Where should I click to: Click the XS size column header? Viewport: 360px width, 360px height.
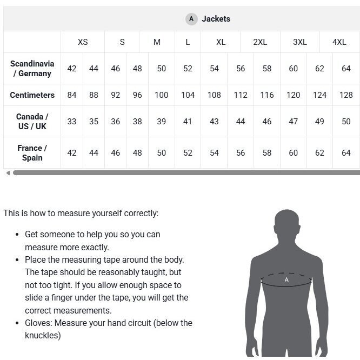83,42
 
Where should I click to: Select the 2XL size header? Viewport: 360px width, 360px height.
260,42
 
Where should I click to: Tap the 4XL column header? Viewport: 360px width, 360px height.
339,42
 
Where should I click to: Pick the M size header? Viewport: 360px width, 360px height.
157,42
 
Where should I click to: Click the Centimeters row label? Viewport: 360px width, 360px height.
32,95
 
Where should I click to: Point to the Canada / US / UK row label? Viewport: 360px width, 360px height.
32,121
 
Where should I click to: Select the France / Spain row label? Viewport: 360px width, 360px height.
32,152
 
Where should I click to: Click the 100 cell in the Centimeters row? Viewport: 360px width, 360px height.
161,95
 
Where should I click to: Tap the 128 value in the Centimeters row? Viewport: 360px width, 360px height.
346,95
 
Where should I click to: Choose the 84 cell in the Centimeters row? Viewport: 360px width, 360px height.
72,95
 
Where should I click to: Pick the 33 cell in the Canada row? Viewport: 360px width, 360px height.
72,121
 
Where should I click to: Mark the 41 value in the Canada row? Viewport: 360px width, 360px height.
188,121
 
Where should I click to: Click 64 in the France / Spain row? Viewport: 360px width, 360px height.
346,152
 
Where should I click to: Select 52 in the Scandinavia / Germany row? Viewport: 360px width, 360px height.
188,68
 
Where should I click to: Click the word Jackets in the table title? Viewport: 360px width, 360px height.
216,19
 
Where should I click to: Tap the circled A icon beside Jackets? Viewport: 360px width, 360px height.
191,19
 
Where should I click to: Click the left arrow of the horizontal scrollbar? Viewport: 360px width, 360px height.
8,173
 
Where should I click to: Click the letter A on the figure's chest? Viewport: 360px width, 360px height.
286,280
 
